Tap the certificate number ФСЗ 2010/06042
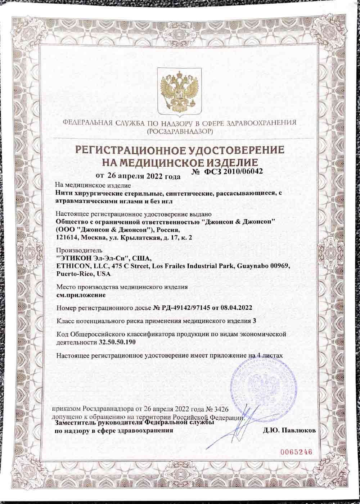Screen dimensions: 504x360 click(231, 172)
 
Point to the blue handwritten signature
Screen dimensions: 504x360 click(239, 427)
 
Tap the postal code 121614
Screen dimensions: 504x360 click(67, 238)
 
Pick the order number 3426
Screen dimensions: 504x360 click(220, 410)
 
